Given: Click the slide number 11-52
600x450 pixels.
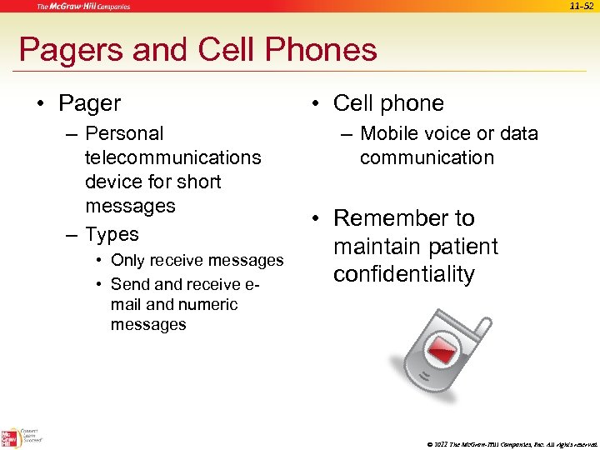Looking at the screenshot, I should [581, 7].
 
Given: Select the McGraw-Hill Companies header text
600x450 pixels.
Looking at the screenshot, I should [82, 7].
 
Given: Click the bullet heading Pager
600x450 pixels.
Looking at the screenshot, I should [89, 103].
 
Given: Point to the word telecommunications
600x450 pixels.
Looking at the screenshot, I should [172, 157].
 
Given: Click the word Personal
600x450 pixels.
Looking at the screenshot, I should [124, 133].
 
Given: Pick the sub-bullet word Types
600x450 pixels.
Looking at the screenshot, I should [112, 234].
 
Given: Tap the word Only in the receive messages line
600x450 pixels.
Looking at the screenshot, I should [128, 261].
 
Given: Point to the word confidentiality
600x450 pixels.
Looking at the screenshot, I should [404, 274].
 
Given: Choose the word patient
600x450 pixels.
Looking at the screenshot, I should [457, 247].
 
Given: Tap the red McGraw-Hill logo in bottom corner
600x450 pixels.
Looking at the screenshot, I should [11, 437].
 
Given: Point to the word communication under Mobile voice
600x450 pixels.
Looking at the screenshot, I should [427, 157].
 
